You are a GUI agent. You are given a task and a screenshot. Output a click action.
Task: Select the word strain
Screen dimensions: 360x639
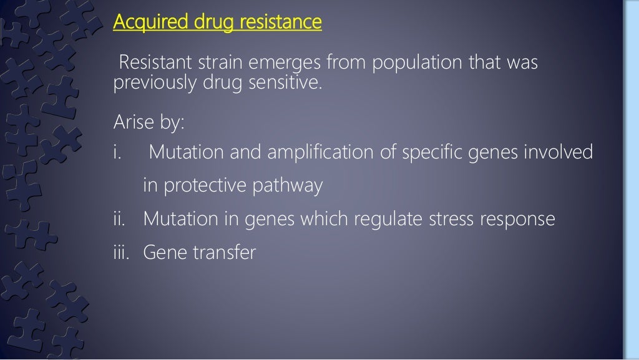[x=216, y=64]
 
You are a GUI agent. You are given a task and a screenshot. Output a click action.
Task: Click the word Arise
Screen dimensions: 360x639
[x=131, y=122]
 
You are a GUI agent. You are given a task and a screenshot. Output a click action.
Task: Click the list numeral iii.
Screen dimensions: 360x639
[x=120, y=253]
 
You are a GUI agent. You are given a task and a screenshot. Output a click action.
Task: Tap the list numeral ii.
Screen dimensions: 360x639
[x=119, y=219]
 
